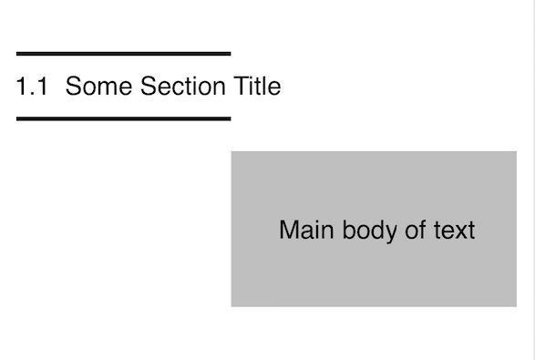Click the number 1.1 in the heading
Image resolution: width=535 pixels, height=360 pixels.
coord(31,87)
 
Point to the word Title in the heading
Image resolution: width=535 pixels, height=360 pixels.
coord(257,87)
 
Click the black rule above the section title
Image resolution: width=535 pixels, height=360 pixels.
coord(123,54)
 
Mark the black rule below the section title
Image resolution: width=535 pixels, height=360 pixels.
coord(123,118)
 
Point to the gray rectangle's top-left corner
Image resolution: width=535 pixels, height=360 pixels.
coord(231,152)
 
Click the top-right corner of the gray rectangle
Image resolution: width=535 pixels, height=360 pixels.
coord(516,152)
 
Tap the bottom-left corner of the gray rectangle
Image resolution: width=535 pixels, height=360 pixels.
coord(231,305)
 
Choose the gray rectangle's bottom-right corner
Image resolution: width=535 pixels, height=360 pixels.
coord(516,305)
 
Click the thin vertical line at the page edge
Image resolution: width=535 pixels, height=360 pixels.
coord(532,182)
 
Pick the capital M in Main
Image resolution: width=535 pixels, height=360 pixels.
coord(289,230)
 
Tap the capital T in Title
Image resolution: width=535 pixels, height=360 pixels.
coord(242,87)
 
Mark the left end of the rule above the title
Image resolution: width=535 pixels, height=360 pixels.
coord(17,54)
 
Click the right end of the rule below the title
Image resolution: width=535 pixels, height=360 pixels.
coord(229,118)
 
